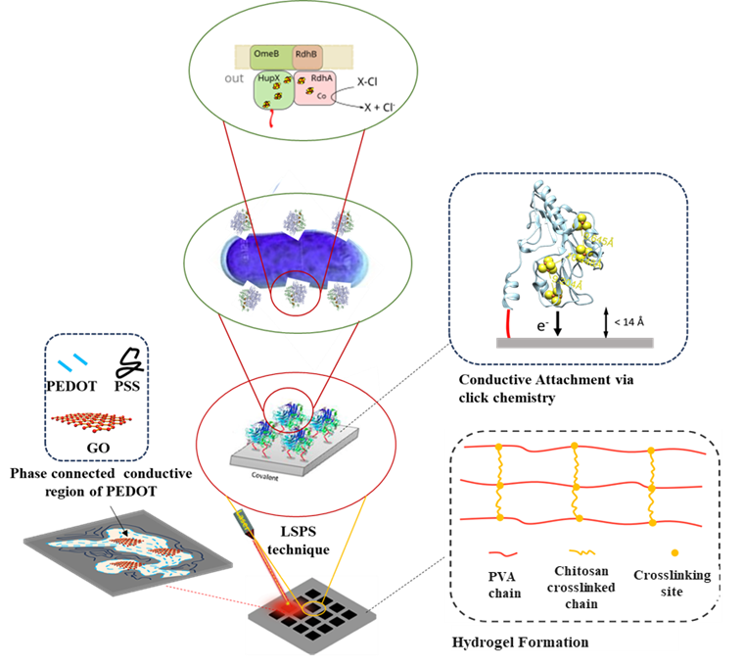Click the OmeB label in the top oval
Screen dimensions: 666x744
(267, 55)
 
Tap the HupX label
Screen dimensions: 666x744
(266, 84)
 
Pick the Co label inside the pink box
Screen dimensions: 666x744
(322, 97)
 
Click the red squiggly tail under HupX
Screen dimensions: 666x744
(271, 120)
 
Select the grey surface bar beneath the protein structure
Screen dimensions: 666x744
(575, 343)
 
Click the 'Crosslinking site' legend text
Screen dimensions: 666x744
(672, 583)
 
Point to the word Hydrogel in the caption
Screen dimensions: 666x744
(480, 642)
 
